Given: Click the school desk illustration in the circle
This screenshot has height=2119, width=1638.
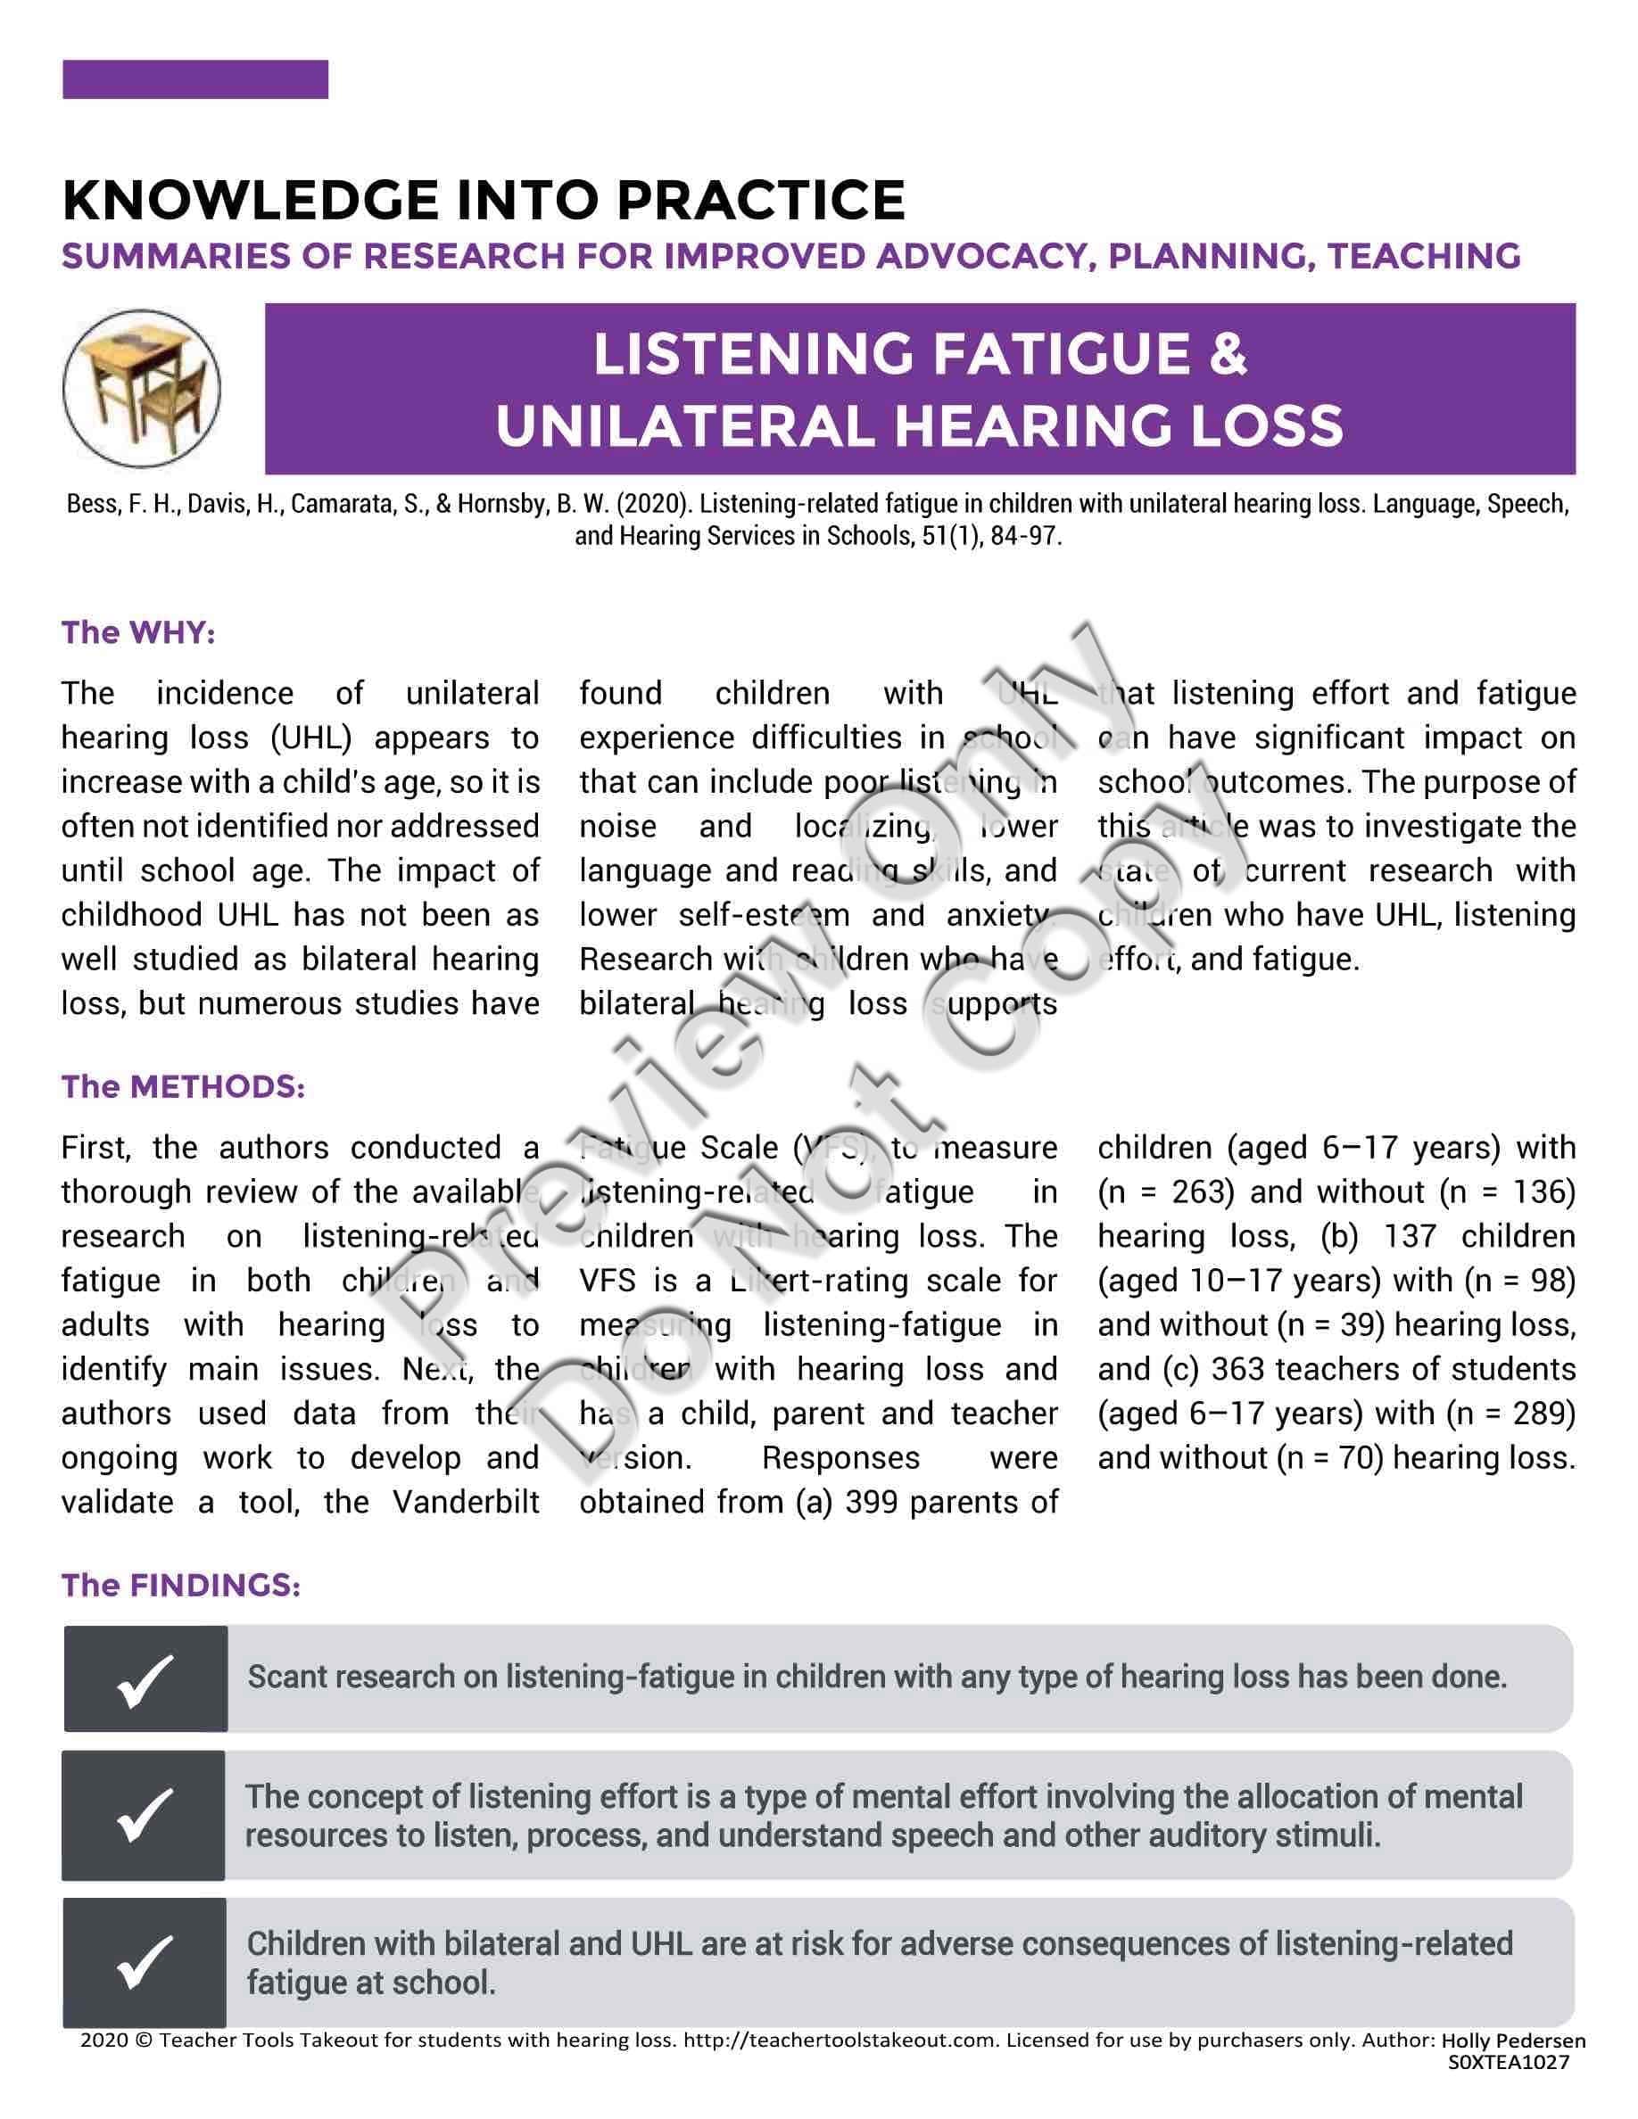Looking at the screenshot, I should click(x=142, y=388).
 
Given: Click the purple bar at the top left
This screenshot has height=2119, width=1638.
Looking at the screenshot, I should click(x=195, y=79).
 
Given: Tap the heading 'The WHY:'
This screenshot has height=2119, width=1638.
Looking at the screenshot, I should click(x=137, y=632).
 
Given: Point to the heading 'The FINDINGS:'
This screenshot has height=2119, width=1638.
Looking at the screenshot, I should click(x=180, y=1586).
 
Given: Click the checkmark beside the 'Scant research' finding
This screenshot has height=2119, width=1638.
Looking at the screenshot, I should click(x=145, y=1679).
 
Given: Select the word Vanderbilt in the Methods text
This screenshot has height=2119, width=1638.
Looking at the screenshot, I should click(x=466, y=1502).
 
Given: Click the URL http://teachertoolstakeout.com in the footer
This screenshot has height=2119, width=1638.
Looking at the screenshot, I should click(x=840, y=2040).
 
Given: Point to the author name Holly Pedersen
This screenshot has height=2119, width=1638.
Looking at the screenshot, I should click(x=1513, y=2041).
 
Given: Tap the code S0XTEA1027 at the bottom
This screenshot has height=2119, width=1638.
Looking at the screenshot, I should click(x=1508, y=2063).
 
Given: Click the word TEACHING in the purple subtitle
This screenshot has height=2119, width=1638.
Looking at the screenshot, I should click(x=1424, y=256).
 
